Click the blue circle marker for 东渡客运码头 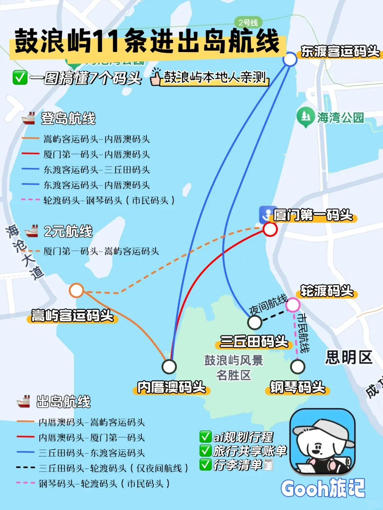(x=290, y=59)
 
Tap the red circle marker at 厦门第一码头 (x=270, y=229)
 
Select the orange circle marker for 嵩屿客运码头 (x=76, y=290)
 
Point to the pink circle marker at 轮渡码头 (x=293, y=305)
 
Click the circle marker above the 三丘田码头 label (x=254, y=322)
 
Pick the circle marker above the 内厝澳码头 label (x=169, y=367)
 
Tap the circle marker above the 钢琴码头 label (x=298, y=367)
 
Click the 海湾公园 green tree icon (x=305, y=117)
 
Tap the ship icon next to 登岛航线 (x=28, y=118)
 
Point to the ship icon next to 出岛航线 (x=24, y=402)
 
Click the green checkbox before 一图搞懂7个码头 (x=20, y=78)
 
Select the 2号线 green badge (x=248, y=23)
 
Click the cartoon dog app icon (x=322, y=441)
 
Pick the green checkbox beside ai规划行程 (x=205, y=436)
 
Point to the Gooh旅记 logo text (x=323, y=489)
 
